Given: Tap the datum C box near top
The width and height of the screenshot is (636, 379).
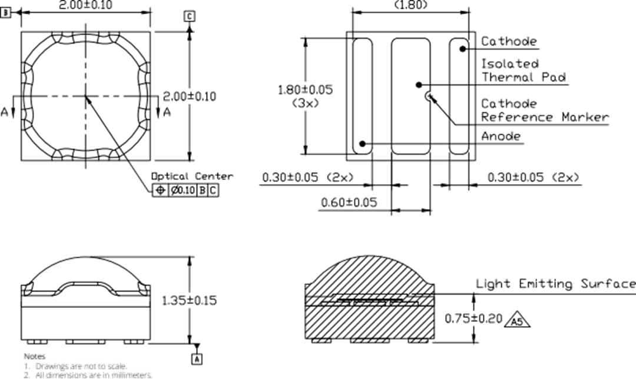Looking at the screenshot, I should pyautogui.click(x=189, y=16).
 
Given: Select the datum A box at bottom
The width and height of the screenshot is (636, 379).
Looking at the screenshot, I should pyautogui.click(x=198, y=358).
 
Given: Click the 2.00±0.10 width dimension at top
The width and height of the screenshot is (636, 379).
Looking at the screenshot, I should pyautogui.click(x=86, y=5).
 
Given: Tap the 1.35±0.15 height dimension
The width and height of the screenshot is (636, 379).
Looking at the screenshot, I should pyautogui.click(x=189, y=300).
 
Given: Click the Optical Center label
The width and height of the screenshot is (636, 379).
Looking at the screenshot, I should pyautogui.click(x=192, y=176).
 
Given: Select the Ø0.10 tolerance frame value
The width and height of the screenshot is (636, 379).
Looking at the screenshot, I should pyautogui.click(x=182, y=191).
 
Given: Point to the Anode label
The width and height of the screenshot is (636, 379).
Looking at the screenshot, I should pyautogui.click(x=501, y=137).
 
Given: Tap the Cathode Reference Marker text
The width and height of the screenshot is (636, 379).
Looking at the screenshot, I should pyautogui.click(x=544, y=111).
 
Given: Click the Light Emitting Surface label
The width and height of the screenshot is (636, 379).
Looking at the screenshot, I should pyautogui.click(x=555, y=284).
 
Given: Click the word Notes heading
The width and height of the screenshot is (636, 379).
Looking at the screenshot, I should pyautogui.click(x=34, y=356).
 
